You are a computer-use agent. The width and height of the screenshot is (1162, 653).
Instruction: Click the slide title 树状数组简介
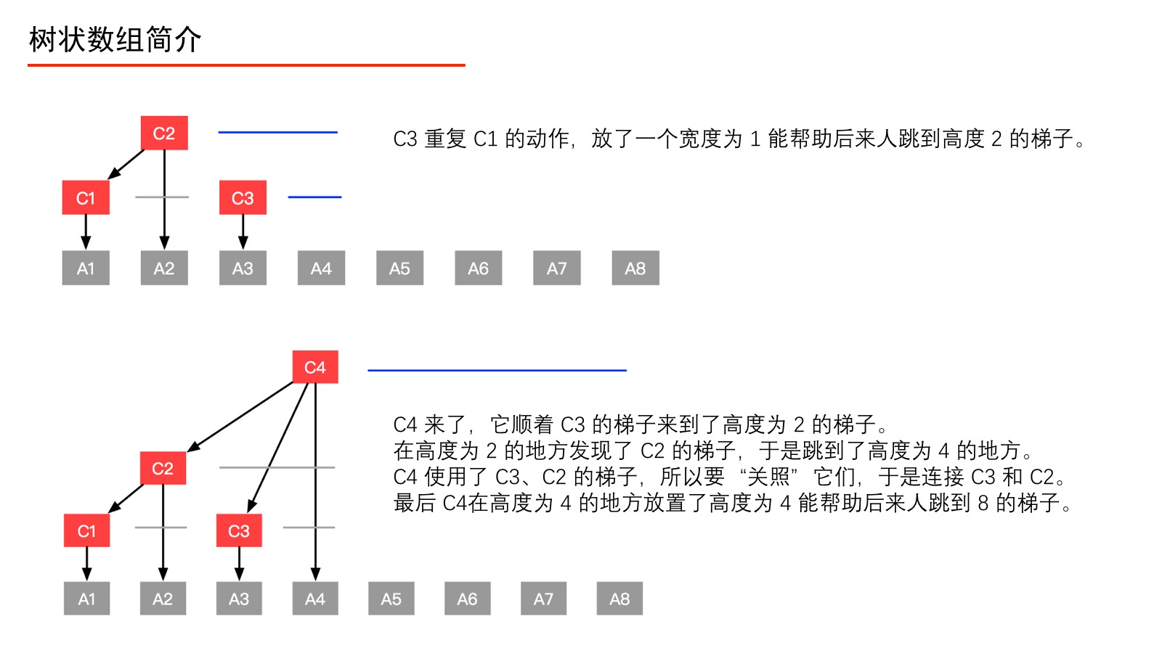pyautogui.click(x=115, y=39)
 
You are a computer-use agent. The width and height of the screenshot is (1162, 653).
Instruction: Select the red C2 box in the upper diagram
pyautogui.click(x=164, y=133)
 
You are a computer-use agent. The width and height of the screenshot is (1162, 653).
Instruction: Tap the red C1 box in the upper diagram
pyautogui.click(x=86, y=197)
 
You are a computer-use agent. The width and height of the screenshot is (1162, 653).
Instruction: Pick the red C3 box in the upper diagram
pyautogui.click(x=243, y=197)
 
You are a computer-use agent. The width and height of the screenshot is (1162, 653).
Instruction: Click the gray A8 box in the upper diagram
pyautogui.click(x=635, y=268)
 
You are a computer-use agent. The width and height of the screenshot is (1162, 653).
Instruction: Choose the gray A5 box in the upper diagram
pyautogui.click(x=399, y=268)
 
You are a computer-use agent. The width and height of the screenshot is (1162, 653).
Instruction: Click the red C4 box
pyautogui.click(x=315, y=367)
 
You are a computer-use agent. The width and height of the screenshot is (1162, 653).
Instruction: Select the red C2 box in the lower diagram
pyautogui.click(x=163, y=468)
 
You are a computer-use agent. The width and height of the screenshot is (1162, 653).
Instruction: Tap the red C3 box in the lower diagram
pyautogui.click(x=239, y=530)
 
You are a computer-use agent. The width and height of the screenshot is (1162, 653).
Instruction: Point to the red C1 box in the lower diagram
pyautogui.click(x=86, y=530)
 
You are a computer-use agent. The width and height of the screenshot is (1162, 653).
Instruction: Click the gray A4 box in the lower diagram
pyautogui.click(x=315, y=599)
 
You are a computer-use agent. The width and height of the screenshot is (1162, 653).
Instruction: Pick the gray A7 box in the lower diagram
pyautogui.click(x=543, y=599)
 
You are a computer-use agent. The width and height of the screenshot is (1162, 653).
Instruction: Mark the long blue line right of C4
pyautogui.click(x=497, y=370)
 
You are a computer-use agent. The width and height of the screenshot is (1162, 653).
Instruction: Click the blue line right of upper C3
pyautogui.click(x=314, y=197)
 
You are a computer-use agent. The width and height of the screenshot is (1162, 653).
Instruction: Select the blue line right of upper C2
pyautogui.click(x=277, y=132)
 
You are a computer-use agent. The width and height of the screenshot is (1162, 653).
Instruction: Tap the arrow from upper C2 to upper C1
pyautogui.click(x=126, y=164)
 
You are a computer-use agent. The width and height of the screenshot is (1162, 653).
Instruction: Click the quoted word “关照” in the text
pyautogui.click(x=768, y=477)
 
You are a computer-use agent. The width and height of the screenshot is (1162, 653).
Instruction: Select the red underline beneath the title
pyautogui.click(x=246, y=65)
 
